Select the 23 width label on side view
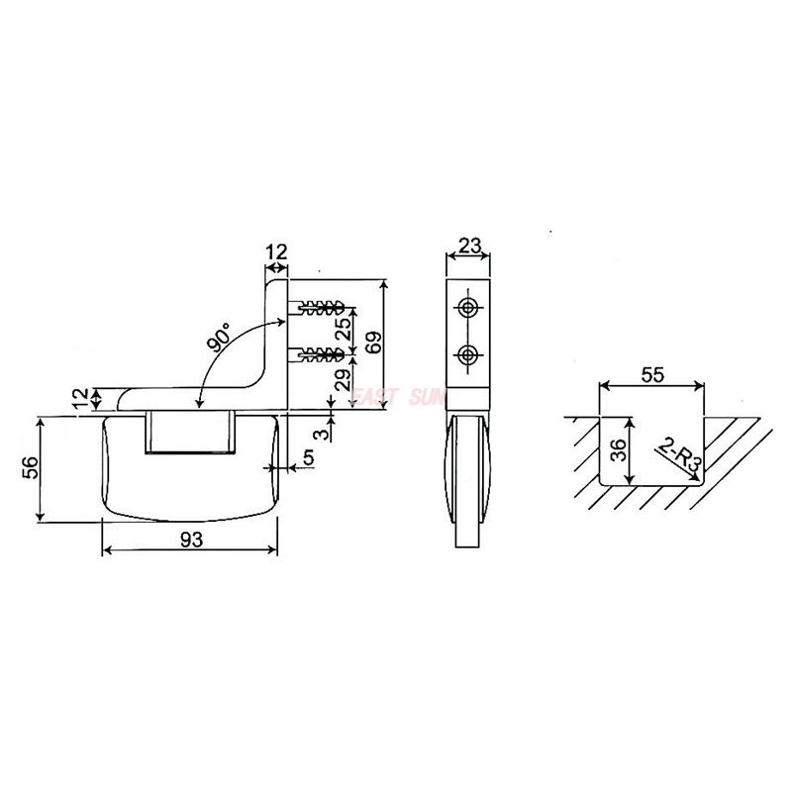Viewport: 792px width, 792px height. [x=469, y=244]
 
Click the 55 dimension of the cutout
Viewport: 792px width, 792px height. [x=652, y=375]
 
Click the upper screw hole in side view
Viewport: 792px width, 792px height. [x=468, y=307]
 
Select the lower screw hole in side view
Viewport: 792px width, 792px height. [x=468, y=353]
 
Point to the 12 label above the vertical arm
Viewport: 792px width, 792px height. [x=276, y=252]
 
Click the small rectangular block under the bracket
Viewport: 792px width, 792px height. [x=189, y=434]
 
